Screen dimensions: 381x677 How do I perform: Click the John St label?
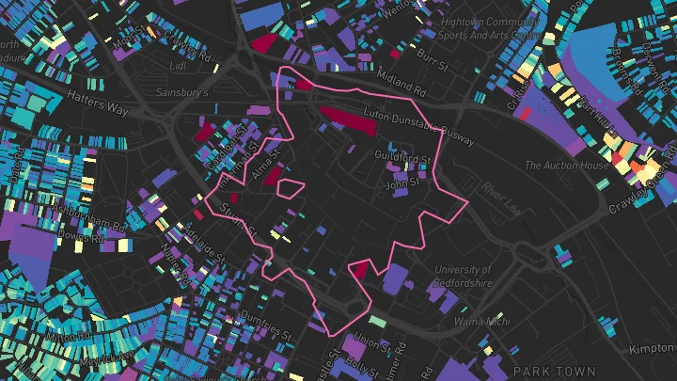click(x=404, y=184)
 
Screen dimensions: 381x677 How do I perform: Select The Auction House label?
click(x=567, y=166)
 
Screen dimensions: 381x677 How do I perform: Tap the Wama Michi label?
click(x=477, y=322)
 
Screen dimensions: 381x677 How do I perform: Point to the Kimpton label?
click(x=653, y=349)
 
